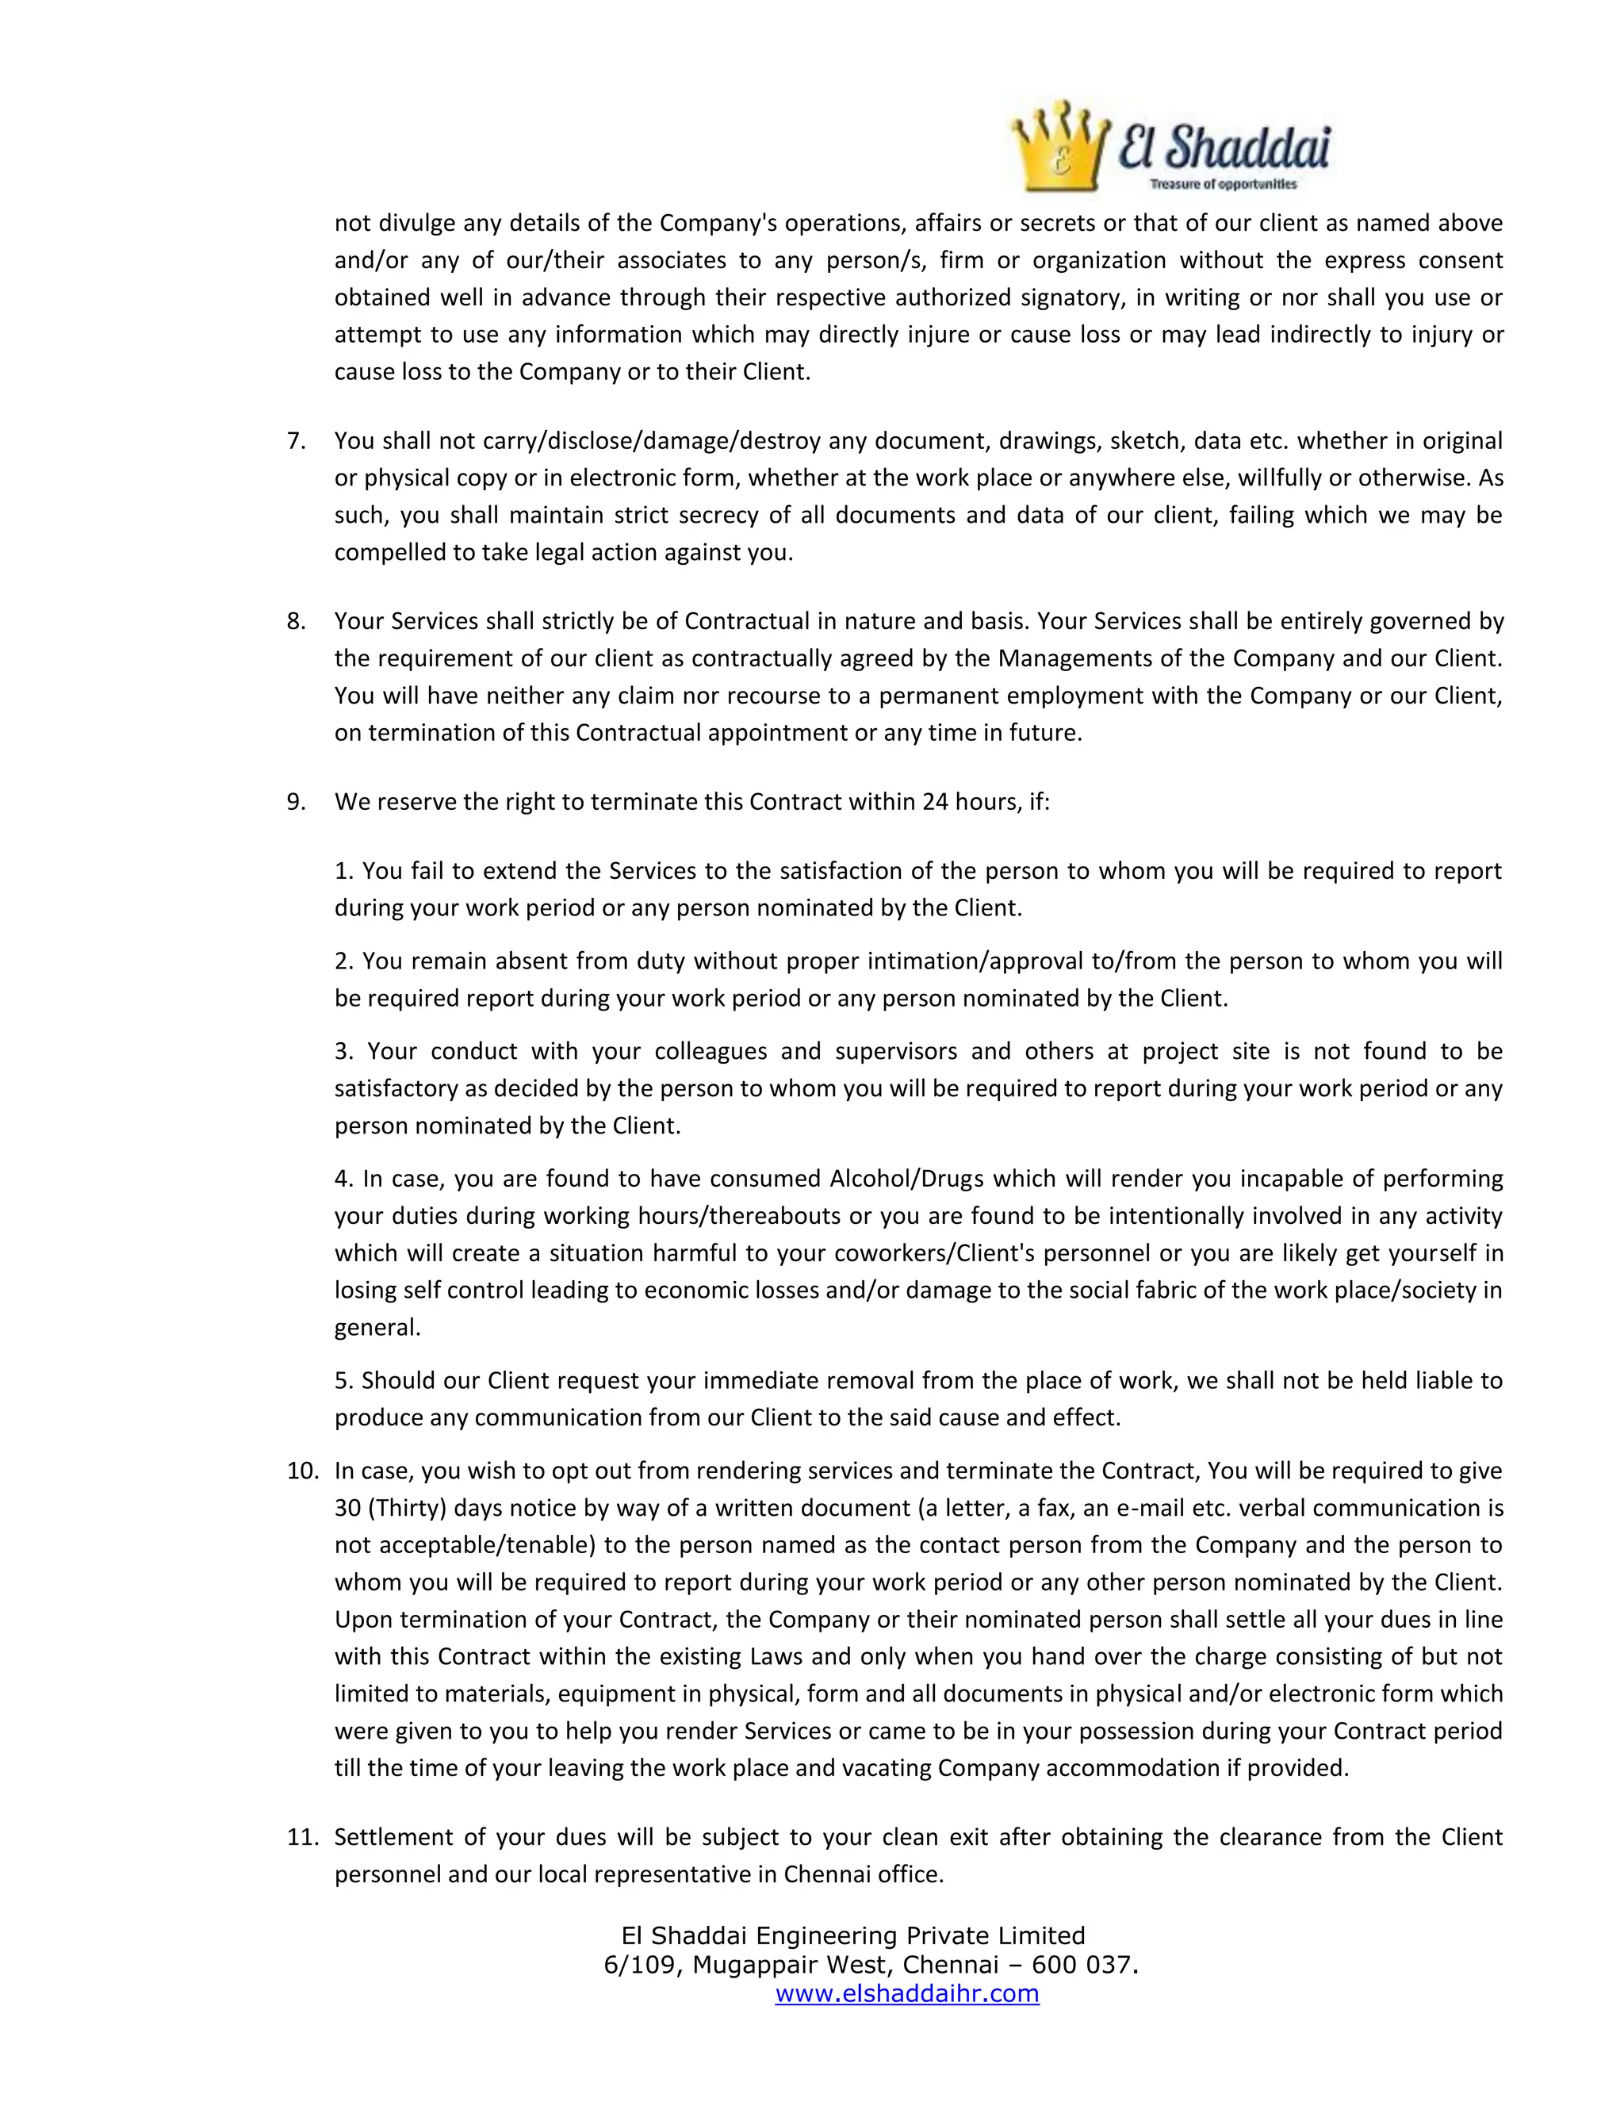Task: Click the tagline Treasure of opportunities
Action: tap(1223, 184)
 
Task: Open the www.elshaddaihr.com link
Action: tap(906, 1993)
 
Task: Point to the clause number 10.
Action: tap(302, 1471)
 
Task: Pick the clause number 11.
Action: tap(302, 1836)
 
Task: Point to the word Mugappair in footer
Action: tap(750, 1964)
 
